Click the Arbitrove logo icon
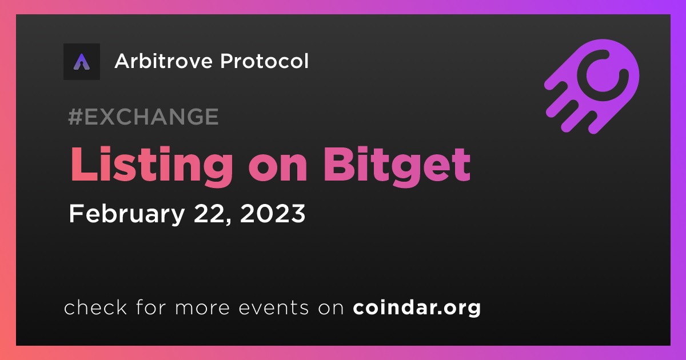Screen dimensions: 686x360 coord(82,62)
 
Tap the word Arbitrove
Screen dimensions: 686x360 coord(163,61)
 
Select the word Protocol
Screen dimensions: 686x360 coord(265,61)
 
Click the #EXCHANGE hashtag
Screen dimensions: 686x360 coord(143,117)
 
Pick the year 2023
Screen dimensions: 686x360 coord(273,213)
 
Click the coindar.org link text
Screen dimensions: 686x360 coord(417,308)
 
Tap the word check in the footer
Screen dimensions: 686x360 coord(95,307)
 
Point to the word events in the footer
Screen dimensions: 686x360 coord(273,308)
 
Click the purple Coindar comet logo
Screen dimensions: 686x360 coord(592,87)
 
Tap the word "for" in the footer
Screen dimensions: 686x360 coord(151,307)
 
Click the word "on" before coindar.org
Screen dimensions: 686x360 coord(331,309)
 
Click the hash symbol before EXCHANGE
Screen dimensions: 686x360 coord(75,117)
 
